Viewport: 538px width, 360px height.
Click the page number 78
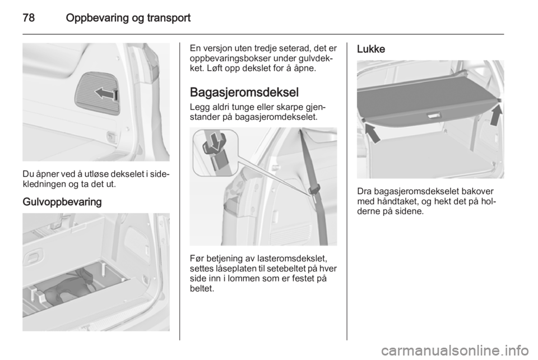coord(29,17)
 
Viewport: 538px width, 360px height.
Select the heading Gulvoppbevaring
coord(62,202)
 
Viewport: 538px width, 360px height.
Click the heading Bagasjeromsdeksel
coord(244,93)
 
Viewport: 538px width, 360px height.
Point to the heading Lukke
coord(371,49)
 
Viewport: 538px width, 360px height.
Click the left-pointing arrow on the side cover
coord(106,93)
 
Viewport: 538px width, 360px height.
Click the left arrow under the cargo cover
coord(373,133)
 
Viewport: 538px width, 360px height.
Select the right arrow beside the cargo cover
coord(496,116)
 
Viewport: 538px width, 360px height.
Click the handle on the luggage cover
coord(434,116)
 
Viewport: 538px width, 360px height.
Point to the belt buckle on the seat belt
coord(315,188)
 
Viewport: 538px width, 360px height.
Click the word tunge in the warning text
coord(245,107)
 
